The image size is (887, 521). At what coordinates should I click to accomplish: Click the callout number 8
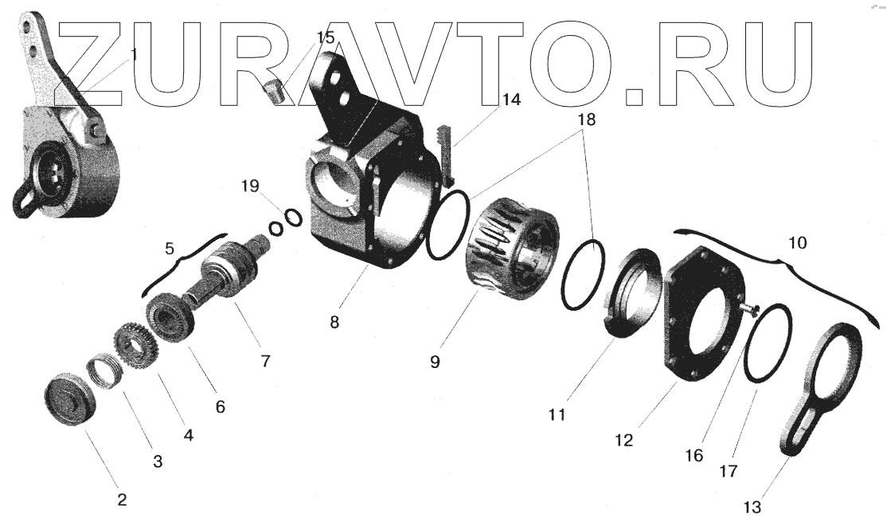[334, 323]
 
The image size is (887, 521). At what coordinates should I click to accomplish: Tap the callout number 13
[753, 507]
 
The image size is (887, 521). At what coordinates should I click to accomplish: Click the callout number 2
[121, 500]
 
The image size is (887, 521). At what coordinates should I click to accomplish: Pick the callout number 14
[510, 100]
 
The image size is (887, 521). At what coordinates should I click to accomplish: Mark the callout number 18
[588, 119]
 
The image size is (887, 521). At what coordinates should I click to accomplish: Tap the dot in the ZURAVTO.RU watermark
[635, 98]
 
